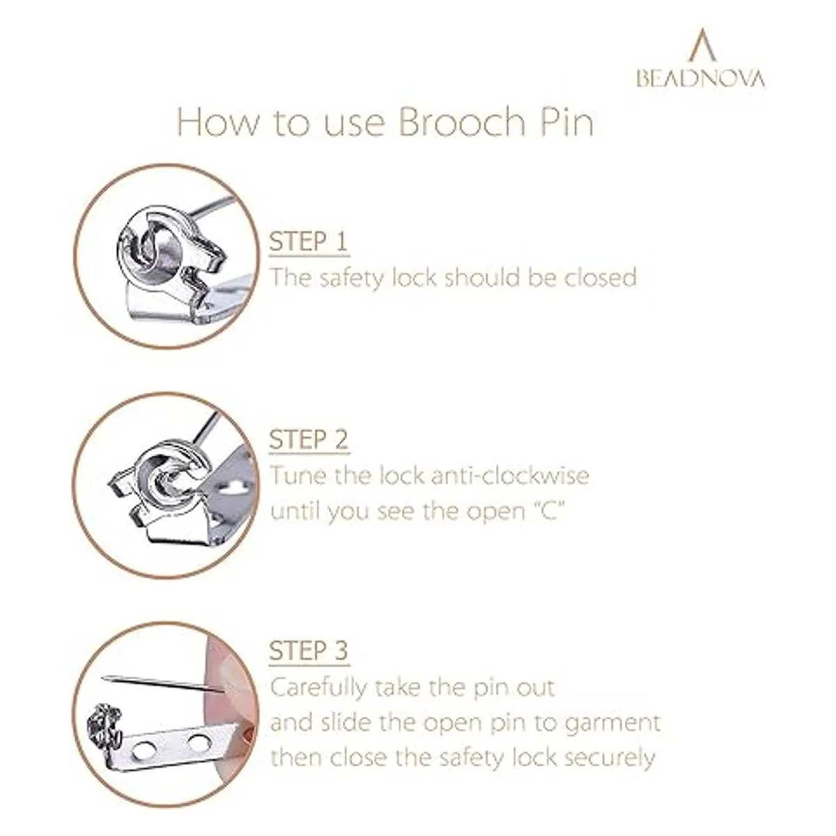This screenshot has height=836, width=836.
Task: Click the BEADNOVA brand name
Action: [700, 79]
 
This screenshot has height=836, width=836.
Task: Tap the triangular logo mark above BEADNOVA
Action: [702, 45]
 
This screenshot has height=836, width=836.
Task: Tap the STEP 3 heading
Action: [309, 650]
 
